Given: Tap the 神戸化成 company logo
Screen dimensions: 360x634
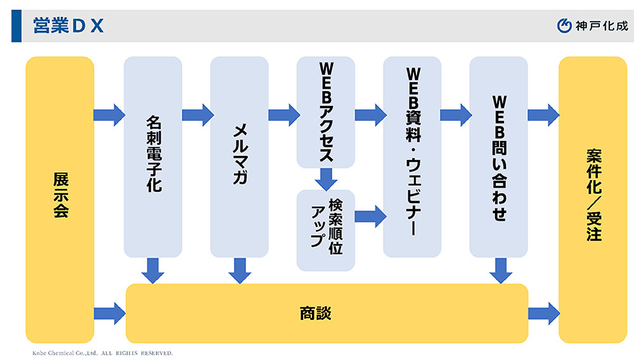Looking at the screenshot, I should coord(592,26).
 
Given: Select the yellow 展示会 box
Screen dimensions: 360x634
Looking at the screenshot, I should coord(60,200).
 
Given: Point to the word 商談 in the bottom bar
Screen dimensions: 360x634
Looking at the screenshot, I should coord(315,314).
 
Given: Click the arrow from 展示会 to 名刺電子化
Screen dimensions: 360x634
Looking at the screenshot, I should coord(109,115).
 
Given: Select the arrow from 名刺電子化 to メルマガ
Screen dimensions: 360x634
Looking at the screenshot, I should coord(197,115).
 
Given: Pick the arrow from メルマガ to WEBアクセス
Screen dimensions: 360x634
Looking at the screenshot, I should coord(283,115).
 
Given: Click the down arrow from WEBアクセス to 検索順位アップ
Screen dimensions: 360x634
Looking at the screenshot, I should coord(326,179).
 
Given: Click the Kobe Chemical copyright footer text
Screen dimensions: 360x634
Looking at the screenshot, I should coord(102,352).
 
